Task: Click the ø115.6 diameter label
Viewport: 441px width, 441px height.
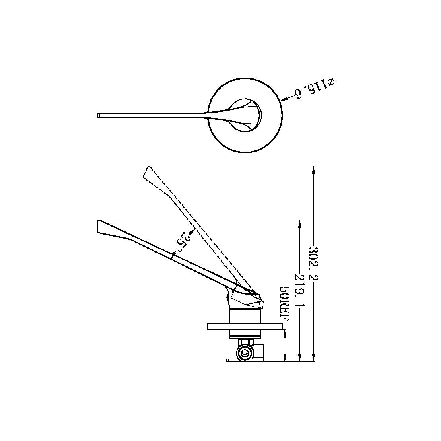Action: tap(314, 89)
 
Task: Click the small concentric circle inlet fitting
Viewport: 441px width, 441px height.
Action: tap(245, 352)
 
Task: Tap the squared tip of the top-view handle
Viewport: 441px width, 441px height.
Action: tap(99, 115)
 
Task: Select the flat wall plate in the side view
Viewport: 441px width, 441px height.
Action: tap(246, 326)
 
